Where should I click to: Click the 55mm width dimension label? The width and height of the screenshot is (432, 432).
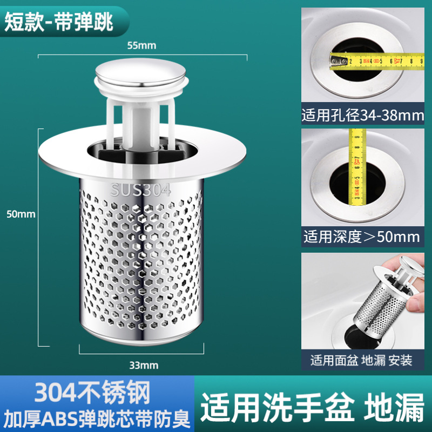pyautogui.click(x=141, y=45)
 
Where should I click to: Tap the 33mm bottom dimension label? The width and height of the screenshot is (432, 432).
pyautogui.click(x=144, y=366)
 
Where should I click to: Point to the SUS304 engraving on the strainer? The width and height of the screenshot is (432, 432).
pyautogui.click(x=140, y=190)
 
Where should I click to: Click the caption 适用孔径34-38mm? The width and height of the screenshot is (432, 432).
pyautogui.click(x=362, y=116)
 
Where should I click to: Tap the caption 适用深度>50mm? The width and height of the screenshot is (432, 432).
pyautogui.click(x=362, y=236)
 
